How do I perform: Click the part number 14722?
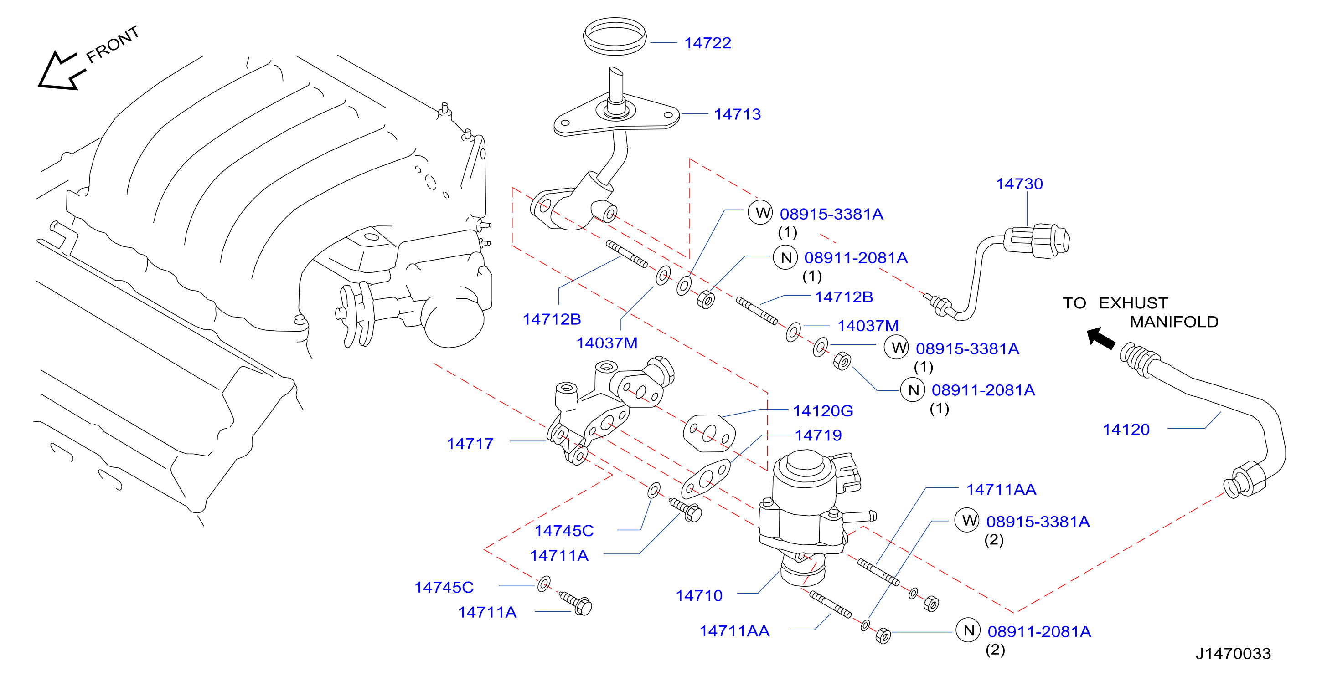[707, 43]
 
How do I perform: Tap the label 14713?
[738, 114]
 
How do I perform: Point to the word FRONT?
[113, 45]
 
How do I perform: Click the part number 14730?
[1019, 184]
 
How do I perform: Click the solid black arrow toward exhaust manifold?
[1101, 339]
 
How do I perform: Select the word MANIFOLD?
[1174, 322]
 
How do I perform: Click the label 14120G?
[823, 411]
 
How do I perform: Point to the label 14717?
[470, 444]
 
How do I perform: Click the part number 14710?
[699, 595]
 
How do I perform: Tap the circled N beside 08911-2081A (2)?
[968, 630]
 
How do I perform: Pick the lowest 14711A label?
[487, 612]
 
